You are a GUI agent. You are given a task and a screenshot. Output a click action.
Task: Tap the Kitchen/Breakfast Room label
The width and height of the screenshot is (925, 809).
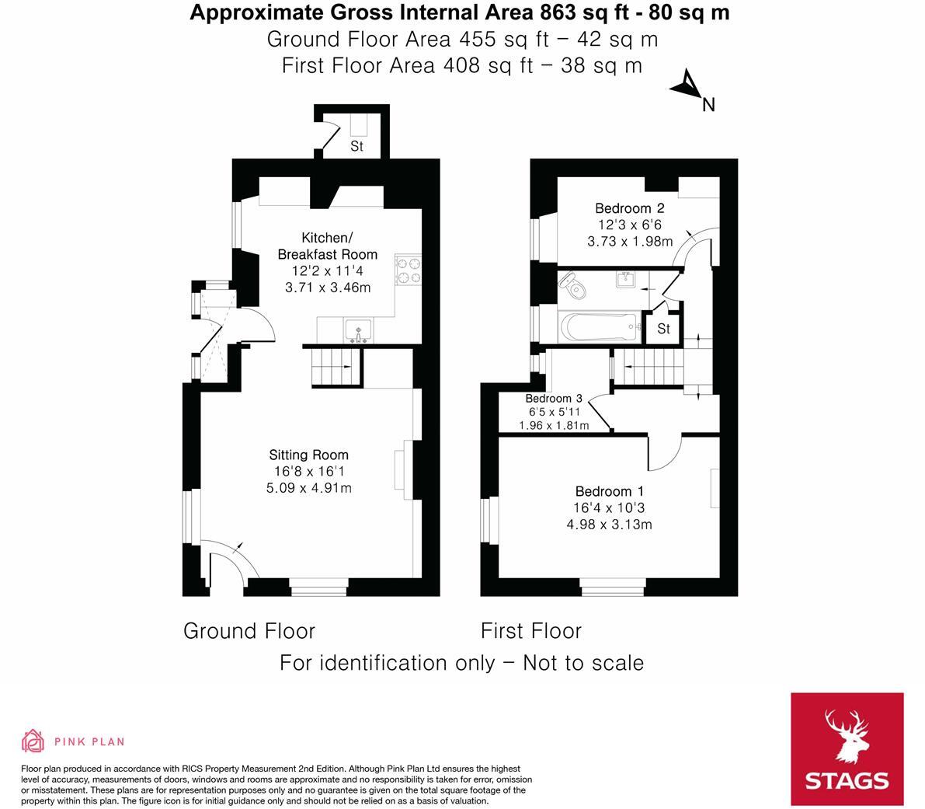pos(328,246)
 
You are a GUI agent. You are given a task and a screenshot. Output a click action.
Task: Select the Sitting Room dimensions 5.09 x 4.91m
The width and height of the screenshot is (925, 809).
pos(309,488)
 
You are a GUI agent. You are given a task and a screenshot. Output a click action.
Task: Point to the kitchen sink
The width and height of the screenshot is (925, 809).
pos(358,330)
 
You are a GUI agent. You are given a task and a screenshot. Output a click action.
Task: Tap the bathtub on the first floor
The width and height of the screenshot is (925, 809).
pos(600,327)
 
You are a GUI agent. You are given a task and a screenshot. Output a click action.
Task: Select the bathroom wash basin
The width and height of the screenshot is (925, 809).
pos(625,279)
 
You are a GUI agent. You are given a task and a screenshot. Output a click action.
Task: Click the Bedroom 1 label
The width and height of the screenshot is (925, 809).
pos(610,491)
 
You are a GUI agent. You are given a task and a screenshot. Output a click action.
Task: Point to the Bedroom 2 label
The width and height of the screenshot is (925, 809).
pos(629,208)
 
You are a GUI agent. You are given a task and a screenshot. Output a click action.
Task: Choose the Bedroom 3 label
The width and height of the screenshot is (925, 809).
pos(553,399)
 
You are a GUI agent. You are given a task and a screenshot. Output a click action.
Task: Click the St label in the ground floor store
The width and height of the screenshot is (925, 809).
pos(357,146)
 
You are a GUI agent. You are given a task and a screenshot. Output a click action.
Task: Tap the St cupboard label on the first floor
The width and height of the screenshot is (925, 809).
pos(664,329)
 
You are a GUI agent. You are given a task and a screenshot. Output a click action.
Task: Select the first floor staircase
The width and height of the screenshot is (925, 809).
pos(649,367)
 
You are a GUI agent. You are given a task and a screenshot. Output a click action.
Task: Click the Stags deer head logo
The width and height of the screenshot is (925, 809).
pos(847,737)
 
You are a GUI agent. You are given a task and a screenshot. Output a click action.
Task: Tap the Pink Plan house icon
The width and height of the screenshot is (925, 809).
pos(33,741)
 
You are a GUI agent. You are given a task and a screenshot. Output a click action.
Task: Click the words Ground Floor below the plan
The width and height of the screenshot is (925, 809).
pos(249,631)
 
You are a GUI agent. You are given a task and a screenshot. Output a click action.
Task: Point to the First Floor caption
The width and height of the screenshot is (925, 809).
pos(531,631)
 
